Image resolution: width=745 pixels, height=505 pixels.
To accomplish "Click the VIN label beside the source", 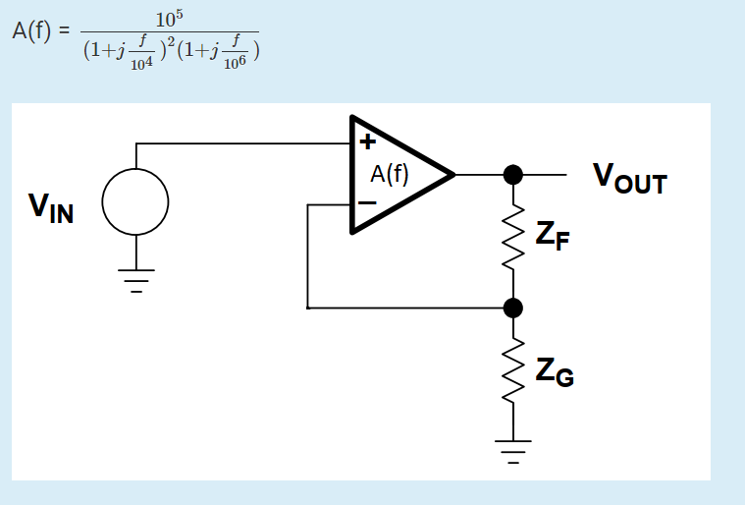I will coord(51,207).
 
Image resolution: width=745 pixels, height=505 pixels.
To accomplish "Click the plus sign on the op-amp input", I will coord(367,141).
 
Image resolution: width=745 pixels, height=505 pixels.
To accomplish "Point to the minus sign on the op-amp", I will coord(366,202).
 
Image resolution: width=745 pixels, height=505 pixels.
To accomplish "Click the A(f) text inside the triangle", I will coord(390,174).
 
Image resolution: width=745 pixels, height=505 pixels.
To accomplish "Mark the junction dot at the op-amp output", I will coord(511,175).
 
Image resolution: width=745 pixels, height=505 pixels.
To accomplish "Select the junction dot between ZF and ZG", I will coord(511,309).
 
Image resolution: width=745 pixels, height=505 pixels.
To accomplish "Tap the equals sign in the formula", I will coord(65,32).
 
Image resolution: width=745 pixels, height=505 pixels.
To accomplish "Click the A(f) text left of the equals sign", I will coord(32,31).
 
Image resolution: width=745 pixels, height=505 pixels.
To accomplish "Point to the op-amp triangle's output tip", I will coord(452,175).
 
